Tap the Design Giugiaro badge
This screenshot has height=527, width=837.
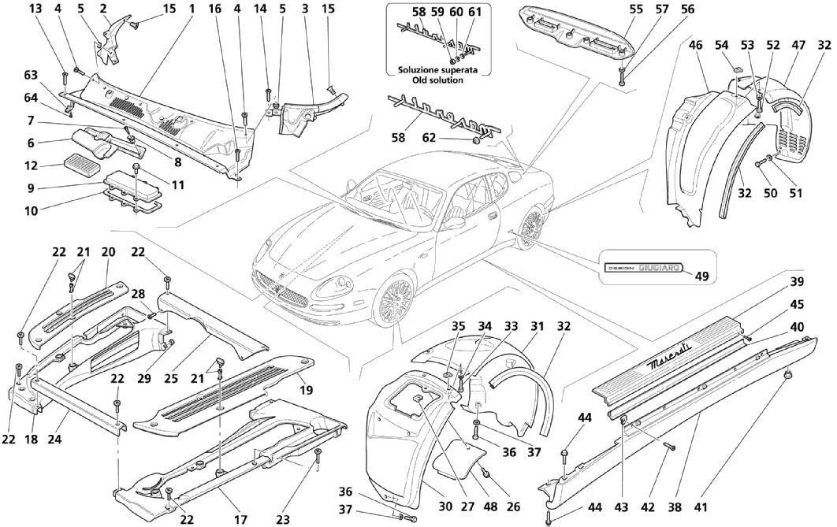point(642,269)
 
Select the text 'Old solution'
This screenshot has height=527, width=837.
point(436,80)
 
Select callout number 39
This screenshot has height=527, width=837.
point(798,282)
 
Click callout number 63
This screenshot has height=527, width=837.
point(31,75)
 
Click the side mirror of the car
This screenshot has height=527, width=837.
point(454,223)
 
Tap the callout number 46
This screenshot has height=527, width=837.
point(696,46)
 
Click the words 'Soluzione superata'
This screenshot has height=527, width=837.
point(436,69)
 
